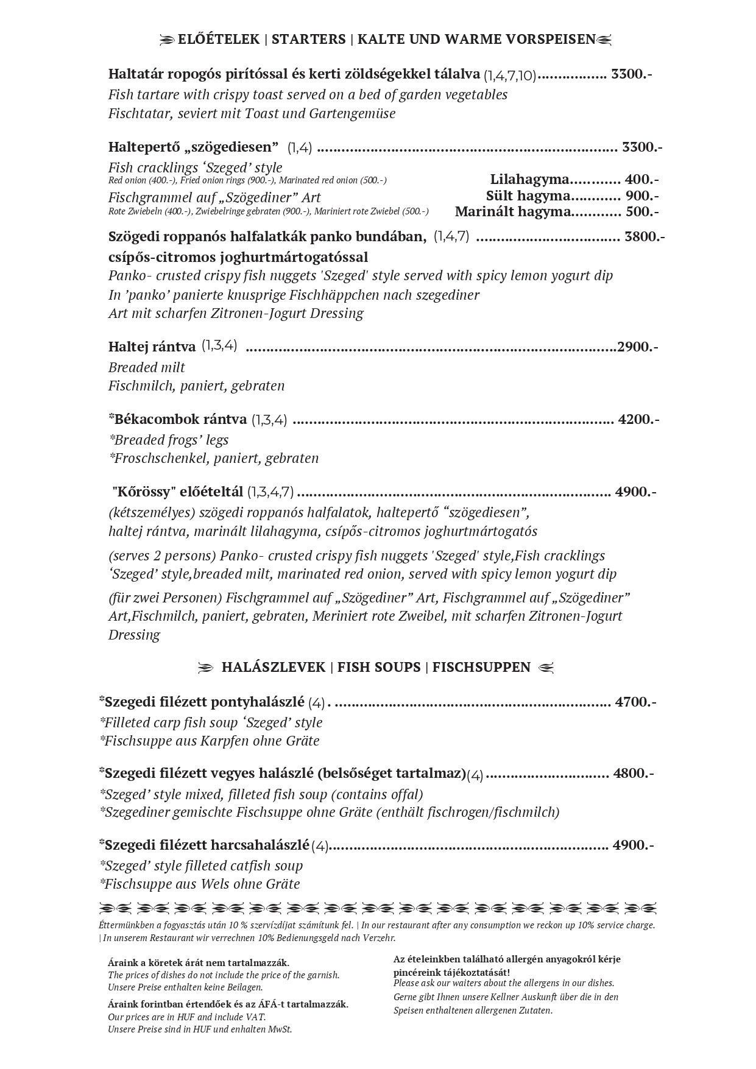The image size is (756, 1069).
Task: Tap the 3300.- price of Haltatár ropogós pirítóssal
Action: [632, 74]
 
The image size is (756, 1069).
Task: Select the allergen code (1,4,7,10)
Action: [510, 76]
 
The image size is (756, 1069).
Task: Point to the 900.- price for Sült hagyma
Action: [643, 196]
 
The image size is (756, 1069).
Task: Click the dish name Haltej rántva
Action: [152, 347]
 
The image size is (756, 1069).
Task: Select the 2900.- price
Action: [638, 347]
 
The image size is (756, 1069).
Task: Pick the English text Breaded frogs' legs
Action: [169, 440]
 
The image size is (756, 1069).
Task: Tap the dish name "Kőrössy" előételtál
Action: [178, 492]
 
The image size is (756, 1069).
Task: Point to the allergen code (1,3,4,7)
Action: [271, 492]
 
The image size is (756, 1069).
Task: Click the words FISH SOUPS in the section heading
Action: [379, 668]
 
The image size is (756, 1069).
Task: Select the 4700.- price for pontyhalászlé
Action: [635, 702]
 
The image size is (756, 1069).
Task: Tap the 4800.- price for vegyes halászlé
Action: [634, 774]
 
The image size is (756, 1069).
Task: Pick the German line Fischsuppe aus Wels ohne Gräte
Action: [200, 884]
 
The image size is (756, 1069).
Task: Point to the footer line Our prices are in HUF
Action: [187, 1017]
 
